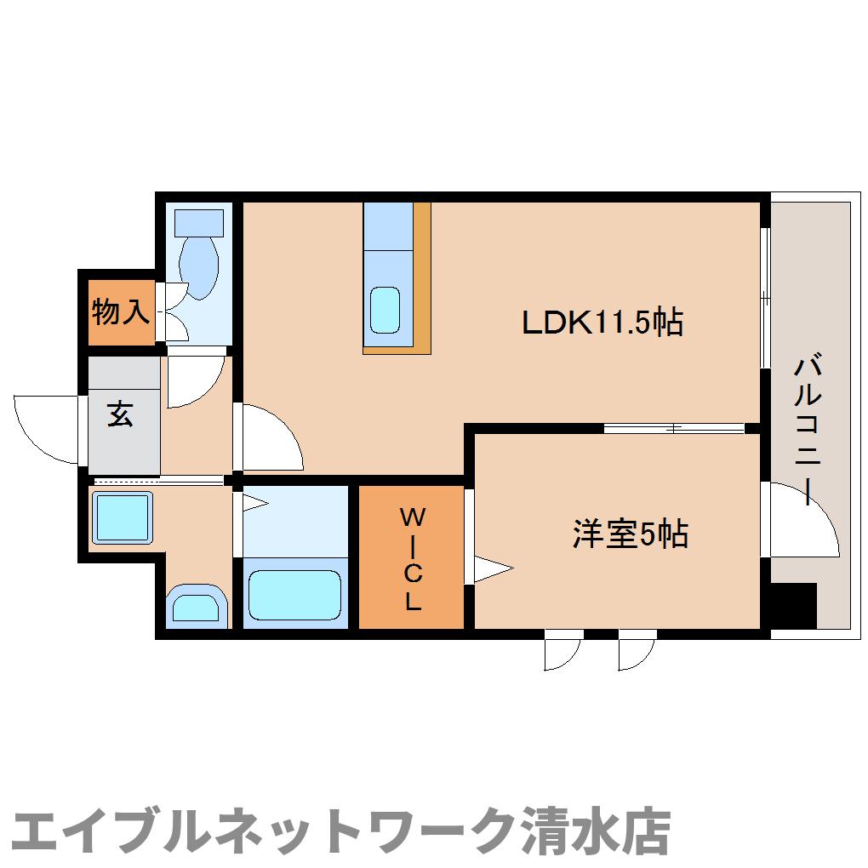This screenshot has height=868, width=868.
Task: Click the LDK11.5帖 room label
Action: tap(602, 323)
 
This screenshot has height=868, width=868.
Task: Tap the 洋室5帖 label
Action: tap(629, 534)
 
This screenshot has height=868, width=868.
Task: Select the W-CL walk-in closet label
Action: tap(412, 558)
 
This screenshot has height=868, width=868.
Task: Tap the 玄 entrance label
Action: tap(120, 414)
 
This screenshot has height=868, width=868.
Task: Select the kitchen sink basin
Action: tap(385, 311)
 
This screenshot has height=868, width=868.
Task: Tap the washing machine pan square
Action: tap(122, 517)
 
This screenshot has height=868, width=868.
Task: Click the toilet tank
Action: tap(198, 223)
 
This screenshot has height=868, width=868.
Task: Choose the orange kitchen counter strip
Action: tap(422, 277)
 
